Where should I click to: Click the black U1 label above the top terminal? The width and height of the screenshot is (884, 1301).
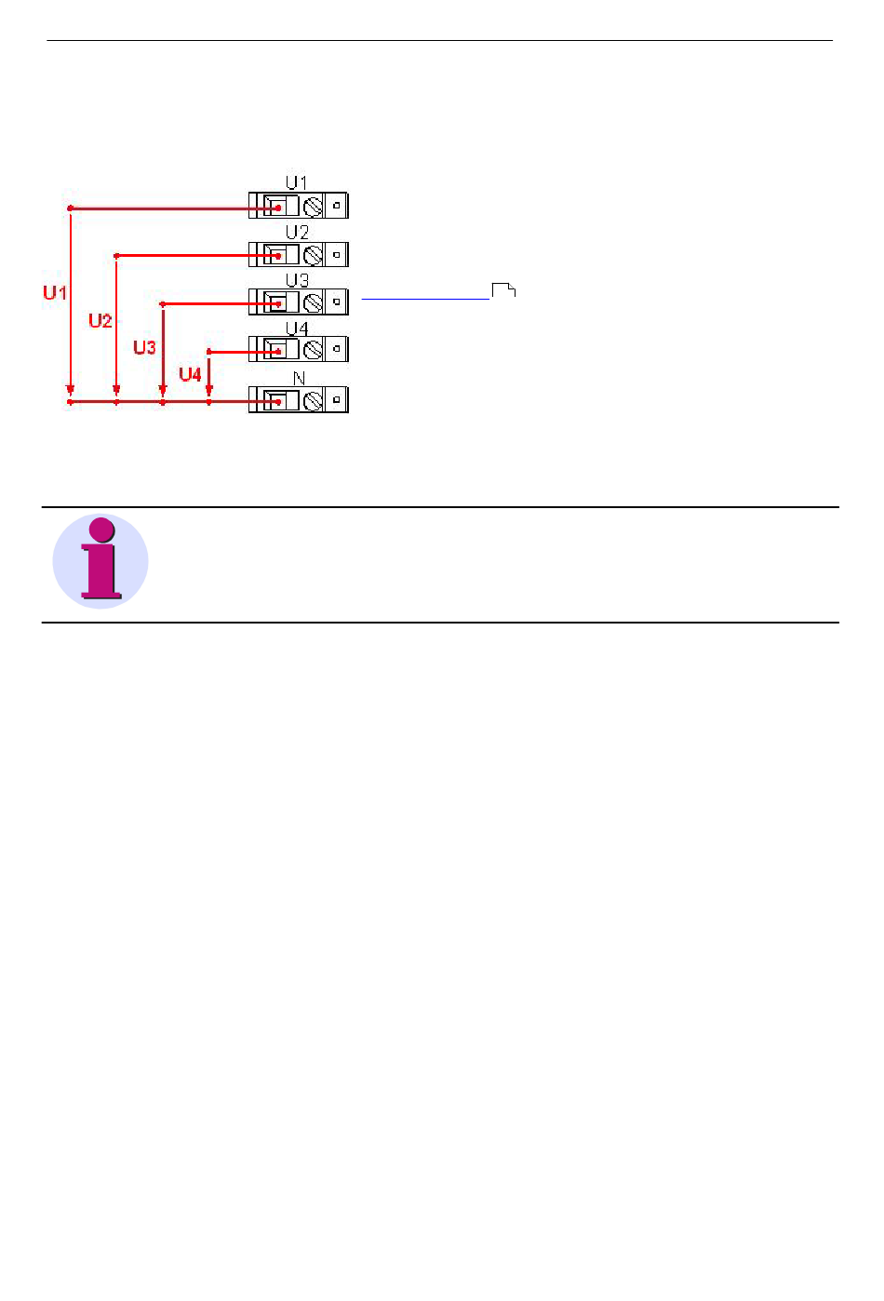click(296, 183)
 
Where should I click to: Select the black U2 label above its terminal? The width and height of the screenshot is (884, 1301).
click(297, 232)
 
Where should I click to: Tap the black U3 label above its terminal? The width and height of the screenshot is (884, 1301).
click(297, 280)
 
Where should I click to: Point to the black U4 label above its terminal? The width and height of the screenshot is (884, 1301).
click(297, 329)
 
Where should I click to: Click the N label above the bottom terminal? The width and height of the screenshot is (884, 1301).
click(299, 378)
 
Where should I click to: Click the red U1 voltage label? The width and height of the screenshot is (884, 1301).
click(55, 292)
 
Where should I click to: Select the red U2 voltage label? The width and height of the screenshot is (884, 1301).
click(100, 321)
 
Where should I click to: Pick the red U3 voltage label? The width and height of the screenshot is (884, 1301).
click(144, 348)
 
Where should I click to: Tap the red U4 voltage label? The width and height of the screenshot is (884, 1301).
click(190, 374)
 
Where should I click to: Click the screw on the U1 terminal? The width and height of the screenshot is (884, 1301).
click(314, 206)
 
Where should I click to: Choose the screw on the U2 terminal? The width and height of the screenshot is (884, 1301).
click(314, 254)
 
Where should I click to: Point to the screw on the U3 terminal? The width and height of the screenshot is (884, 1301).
click(314, 302)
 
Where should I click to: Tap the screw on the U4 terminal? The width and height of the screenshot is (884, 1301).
click(314, 350)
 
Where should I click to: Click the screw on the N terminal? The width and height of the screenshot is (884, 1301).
click(314, 400)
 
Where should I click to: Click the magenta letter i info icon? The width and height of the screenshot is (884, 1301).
click(100, 561)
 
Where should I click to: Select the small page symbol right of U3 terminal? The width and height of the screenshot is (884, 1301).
click(503, 289)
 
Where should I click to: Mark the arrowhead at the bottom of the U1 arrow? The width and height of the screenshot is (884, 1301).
click(70, 390)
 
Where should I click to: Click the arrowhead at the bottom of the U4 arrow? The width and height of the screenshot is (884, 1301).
click(208, 390)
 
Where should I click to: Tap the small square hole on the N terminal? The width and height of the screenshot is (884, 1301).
click(337, 400)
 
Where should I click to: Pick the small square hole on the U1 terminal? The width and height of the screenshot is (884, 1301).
click(337, 205)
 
